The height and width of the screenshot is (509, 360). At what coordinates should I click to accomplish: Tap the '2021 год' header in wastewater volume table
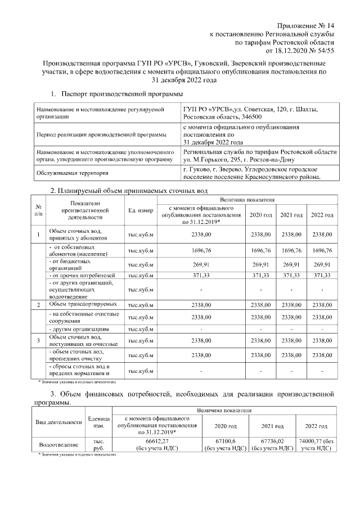[x=291, y=215]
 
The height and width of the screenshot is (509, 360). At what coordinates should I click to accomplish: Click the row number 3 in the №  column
[x=38, y=340]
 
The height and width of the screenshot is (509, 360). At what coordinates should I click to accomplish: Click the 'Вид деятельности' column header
[x=59, y=422]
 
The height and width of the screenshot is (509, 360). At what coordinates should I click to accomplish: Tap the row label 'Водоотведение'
[x=59, y=444]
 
